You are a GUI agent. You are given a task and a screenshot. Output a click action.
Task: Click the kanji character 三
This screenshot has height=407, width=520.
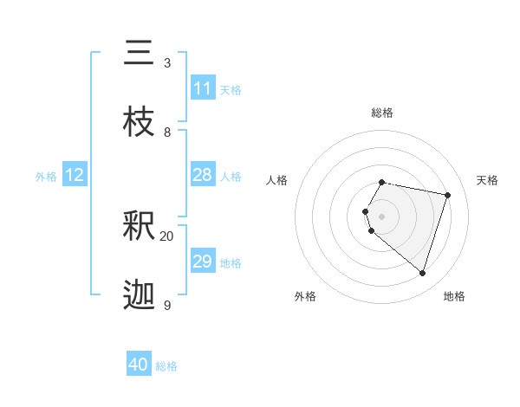[139, 54]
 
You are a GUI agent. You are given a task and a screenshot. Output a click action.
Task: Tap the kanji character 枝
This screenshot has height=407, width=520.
[139, 122]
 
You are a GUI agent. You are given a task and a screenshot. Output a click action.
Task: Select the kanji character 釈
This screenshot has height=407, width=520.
[139, 226]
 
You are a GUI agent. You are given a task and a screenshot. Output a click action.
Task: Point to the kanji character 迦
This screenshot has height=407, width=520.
[139, 295]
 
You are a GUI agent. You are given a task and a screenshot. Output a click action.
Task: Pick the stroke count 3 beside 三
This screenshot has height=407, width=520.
[166, 63]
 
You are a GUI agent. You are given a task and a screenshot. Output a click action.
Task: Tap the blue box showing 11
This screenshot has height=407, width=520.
[203, 88]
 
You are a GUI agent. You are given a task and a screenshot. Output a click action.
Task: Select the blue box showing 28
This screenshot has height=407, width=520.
[203, 175]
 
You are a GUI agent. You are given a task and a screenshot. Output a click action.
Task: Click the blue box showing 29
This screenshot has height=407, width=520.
[203, 262]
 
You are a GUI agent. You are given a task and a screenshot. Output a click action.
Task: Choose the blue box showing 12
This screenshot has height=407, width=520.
[75, 175]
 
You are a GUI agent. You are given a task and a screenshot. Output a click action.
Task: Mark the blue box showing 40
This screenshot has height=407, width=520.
[139, 365]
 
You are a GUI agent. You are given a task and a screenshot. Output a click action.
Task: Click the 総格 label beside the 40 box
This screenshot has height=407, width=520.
[166, 366]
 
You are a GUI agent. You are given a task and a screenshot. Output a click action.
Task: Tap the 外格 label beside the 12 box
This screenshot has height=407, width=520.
[46, 177]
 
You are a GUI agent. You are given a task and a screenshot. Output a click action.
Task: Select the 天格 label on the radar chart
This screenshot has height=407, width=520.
[488, 180]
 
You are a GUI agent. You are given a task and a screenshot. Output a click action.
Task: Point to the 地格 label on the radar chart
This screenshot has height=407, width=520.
[454, 296]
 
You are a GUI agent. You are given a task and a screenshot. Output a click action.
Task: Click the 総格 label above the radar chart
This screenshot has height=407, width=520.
[382, 113]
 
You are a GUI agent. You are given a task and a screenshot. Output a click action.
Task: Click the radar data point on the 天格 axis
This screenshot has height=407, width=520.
[447, 195]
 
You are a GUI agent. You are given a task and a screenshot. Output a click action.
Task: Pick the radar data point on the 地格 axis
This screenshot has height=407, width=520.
[422, 273]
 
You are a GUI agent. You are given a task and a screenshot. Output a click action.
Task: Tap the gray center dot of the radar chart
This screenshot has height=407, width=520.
[382, 216]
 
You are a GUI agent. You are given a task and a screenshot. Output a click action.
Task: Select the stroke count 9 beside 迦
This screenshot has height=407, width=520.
[166, 305]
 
